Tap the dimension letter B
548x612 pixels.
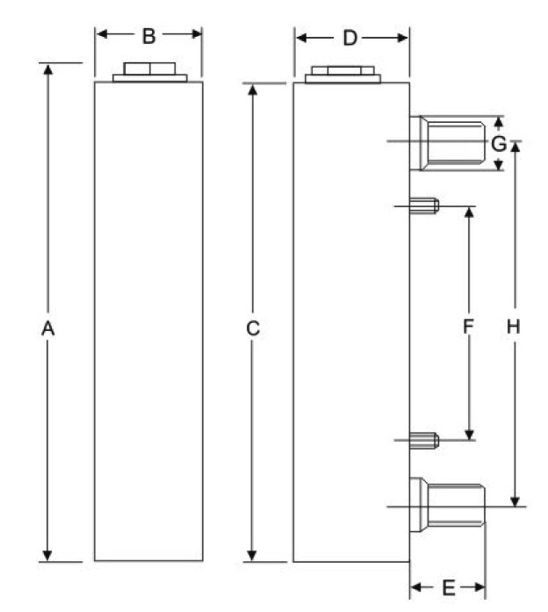coord(148,36)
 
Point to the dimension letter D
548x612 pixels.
coord(350,38)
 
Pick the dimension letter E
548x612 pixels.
coord(447,587)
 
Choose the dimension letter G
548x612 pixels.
coord(498,143)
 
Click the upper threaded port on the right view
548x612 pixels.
coord(453,142)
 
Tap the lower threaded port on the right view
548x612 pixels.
coord(452,504)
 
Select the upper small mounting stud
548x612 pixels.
coord(425,207)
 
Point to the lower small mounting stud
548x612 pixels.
coord(425,440)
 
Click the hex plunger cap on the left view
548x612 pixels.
coord(149,69)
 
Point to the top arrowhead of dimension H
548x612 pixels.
coord(516,146)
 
